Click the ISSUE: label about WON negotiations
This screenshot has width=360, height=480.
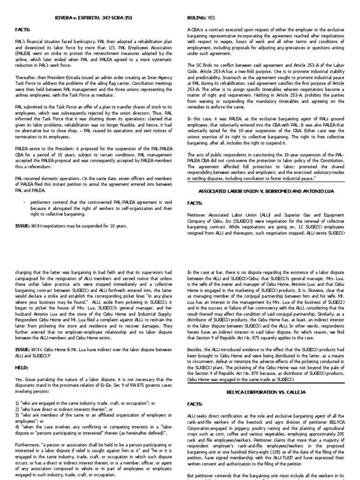point(22,225)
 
